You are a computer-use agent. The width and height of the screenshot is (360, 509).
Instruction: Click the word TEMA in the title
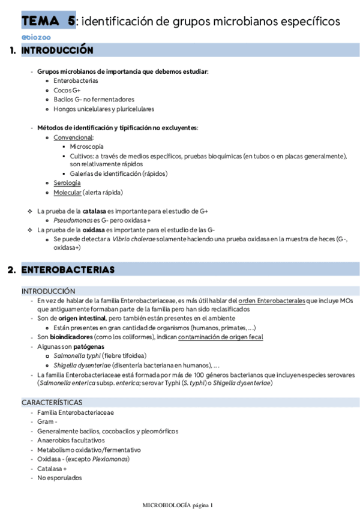[x=40, y=21]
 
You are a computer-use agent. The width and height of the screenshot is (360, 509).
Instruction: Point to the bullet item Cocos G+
[x=67, y=90]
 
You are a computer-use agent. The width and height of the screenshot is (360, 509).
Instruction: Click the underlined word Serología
[x=67, y=182]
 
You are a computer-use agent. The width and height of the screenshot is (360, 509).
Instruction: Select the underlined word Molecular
[x=67, y=192]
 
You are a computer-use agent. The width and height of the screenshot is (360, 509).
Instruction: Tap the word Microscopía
[x=86, y=146]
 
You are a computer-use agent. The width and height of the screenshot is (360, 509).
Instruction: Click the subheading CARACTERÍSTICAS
[x=52, y=402]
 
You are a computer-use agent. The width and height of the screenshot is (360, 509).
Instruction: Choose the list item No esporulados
[x=59, y=478]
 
